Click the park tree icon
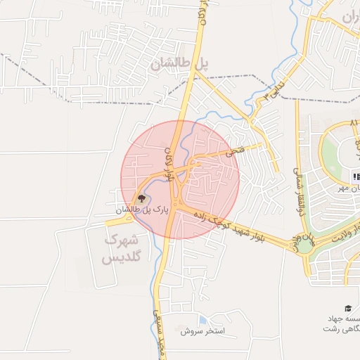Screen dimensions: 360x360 [141, 199]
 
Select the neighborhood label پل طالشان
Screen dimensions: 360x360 [179, 64]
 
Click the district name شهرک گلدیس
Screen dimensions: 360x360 [121, 249]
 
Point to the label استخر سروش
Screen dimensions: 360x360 [205, 330]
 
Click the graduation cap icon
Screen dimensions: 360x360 [347, 309]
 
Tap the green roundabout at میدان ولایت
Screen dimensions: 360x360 [307, 244]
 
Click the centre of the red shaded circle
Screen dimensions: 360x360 [181, 179]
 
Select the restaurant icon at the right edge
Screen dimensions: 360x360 [356, 176]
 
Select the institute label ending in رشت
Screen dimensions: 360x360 [340, 328]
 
